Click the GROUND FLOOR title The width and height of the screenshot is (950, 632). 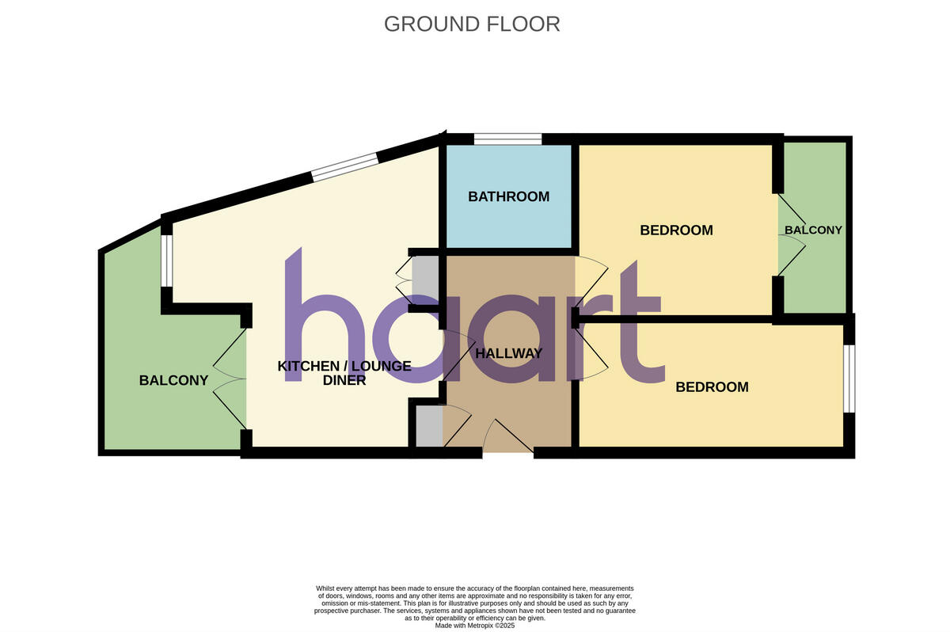click(472, 24)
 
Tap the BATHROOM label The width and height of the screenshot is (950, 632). click(508, 196)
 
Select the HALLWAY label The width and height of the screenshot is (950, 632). click(508, 353)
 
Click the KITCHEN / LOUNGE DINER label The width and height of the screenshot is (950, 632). click(344, 373)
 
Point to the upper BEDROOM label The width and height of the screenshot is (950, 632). click(676, 230)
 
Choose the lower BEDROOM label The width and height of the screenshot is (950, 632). click(712, 387)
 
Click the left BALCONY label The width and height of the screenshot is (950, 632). click(173, 380)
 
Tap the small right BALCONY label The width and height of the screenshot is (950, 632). click(813, 230)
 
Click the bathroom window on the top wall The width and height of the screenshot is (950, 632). click(507, 139)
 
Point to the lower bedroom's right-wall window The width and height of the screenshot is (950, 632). click(849, 378)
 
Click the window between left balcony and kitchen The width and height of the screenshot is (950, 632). click(166, 261)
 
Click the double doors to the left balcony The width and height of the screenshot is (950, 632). click(230, 379)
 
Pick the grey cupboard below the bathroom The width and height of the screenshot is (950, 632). click(424, 276)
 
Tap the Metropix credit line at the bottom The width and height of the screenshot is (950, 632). click(475, 625)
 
